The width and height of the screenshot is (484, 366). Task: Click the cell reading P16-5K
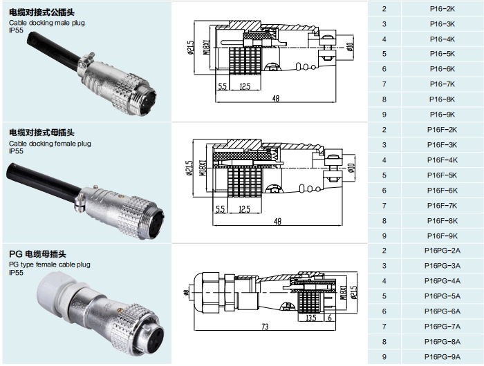(x=442, y=54)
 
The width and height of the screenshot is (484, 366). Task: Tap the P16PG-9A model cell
(x=442, y=356)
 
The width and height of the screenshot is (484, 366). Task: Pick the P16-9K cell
(x=442, y=115)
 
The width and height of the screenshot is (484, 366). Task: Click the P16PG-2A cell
(x=442, y=251)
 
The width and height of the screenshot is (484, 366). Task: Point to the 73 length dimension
(x=265, y=327)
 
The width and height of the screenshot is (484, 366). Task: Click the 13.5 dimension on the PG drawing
(x=311, y=318)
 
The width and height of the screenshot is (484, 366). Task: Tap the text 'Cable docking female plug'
(x=50, y=143)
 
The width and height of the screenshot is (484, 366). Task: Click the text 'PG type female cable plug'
(x=50, y=264)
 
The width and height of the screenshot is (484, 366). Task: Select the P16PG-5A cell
(x=442, y=296)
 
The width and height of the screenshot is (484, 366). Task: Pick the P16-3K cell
(x=442, y=24)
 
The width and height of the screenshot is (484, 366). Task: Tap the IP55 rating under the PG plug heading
(x=16, y=273)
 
